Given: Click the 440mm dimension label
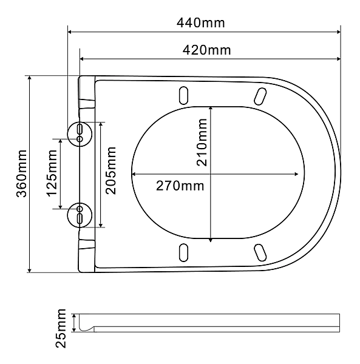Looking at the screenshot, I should pyautogui.click(x=201, y=23).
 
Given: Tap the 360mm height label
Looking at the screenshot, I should pyautogui.click(x=20, y=174).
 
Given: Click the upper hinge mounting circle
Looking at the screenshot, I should pyautogui.click(x=80, y=132).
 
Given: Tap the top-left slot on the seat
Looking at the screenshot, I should pyautogui.click(x=183, y=95).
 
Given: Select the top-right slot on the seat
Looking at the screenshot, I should pyautogui.click(x=260, y=96).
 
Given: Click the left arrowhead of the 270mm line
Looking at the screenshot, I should pyautogui.click(x=135, y=174).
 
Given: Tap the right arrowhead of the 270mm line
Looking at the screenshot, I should pyautogui.click(x=298, y=174).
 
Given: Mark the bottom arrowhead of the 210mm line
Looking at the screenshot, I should pyautogui.click(x=210, y=238).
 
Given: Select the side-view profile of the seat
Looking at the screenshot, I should pyautogui.click(x=206, y=323).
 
